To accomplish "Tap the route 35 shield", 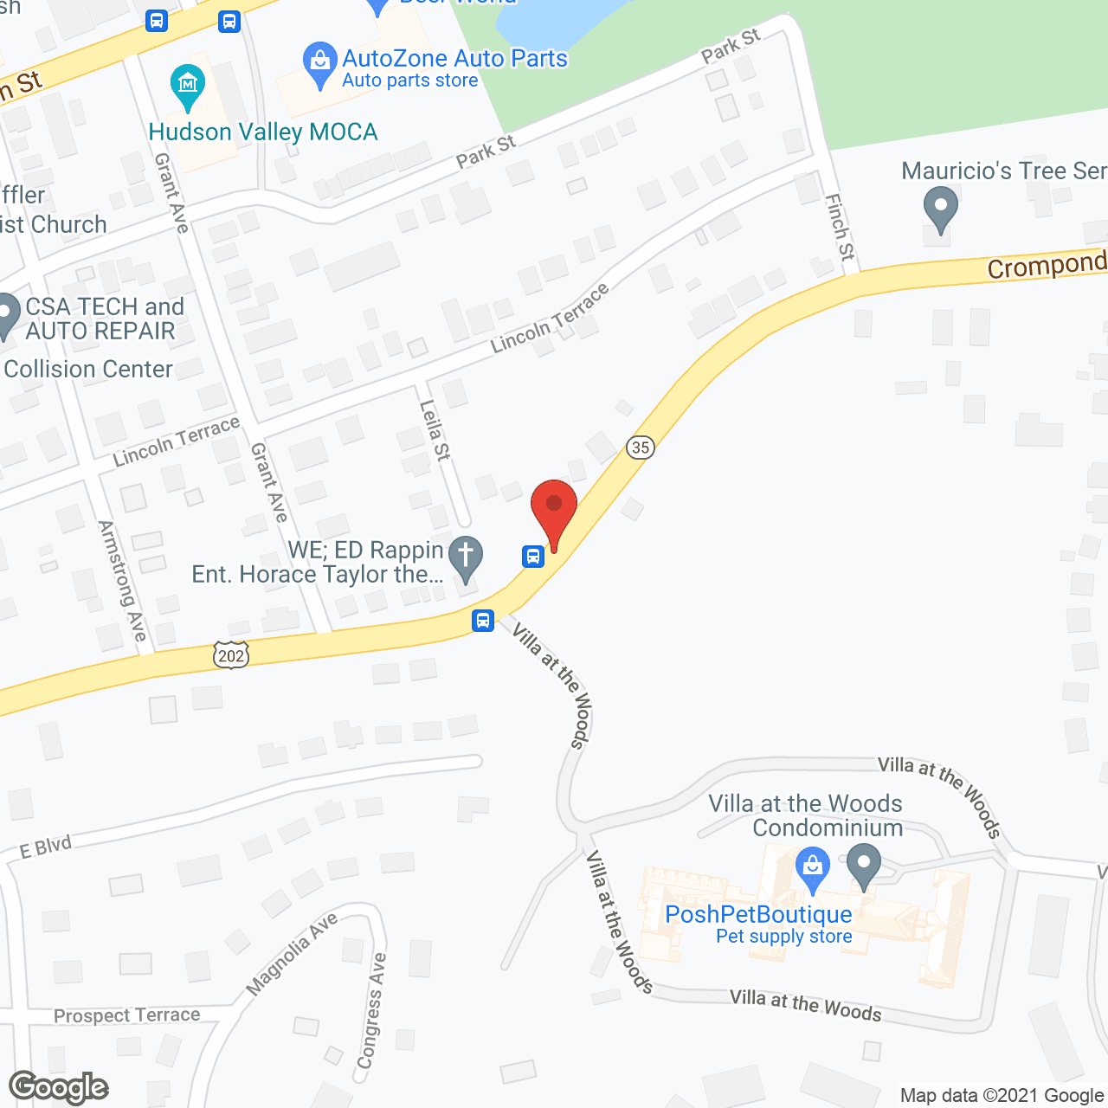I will (640, 447).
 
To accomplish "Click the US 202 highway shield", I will (231, 655).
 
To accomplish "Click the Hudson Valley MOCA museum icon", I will (188, 85).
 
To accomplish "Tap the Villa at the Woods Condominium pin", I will (863, 866).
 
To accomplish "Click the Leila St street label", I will (435, 430).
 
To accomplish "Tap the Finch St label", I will (840, 227).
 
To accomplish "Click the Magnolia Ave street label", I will (292, 955).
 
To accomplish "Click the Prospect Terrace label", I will (126, 1015).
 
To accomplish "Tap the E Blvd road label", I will (46, 847).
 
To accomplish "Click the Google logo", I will (59, 1087).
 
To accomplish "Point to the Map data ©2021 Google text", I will (1002, 1096).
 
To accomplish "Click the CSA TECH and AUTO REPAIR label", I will (104, 319).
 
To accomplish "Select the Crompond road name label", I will (1047, 265).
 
